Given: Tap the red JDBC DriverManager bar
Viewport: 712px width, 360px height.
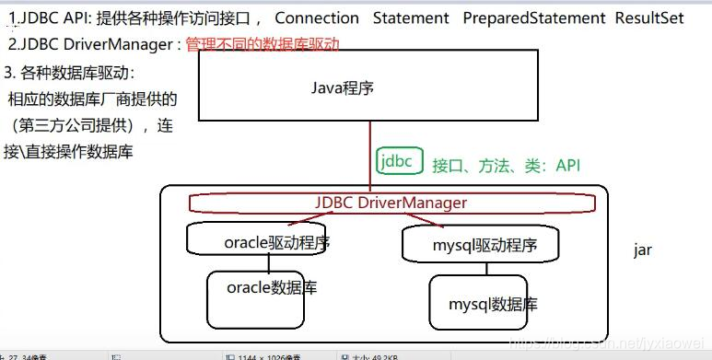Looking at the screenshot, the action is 391,203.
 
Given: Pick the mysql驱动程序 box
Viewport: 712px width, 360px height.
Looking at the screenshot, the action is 482,246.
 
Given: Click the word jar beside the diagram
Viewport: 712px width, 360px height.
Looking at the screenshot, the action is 642,250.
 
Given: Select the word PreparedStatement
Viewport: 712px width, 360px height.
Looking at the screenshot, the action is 535,18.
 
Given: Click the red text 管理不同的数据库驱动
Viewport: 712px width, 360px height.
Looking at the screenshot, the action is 263,43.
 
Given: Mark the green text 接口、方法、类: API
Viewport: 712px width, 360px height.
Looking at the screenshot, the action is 507,166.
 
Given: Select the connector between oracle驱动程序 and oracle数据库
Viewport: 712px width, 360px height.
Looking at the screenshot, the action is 270,262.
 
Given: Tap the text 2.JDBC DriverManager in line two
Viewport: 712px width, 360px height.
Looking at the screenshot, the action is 92,43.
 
